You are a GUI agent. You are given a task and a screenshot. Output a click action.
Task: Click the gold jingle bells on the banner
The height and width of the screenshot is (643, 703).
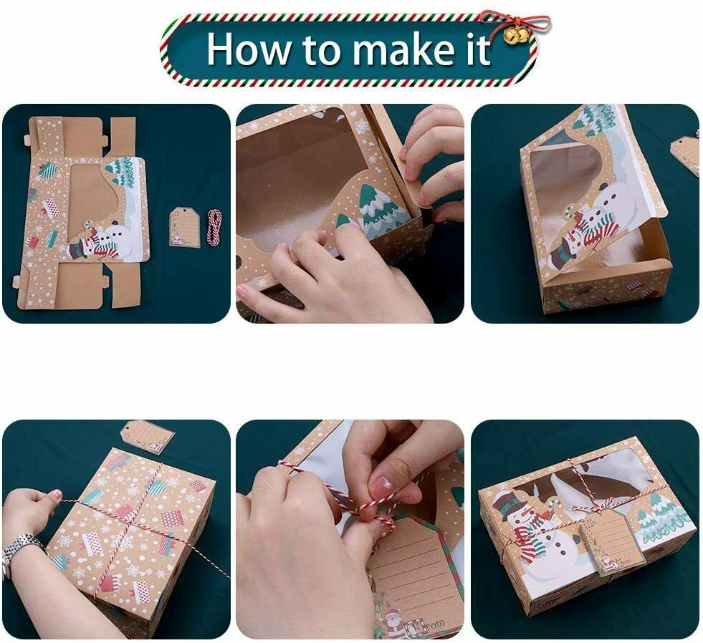coord(516,35)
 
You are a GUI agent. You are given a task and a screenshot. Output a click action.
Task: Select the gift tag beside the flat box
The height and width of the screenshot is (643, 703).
coord(184,226)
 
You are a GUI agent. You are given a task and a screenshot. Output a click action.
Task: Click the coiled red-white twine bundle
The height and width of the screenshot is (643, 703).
coord(214,227)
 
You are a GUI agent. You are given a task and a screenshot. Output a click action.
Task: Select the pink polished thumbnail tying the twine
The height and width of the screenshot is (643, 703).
coord(381,486)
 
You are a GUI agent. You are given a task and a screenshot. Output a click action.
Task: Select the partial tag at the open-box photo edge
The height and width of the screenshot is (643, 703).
coord(685,154)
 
